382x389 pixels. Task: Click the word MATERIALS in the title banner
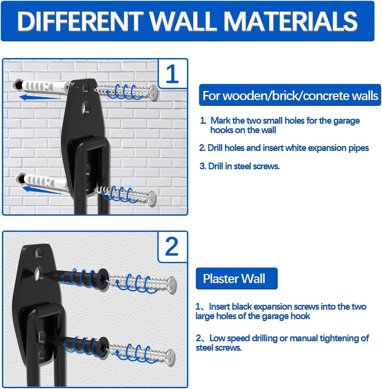coord(290,21)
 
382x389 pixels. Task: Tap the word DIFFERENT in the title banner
coord(81,21)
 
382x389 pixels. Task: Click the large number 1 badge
coord(172,74)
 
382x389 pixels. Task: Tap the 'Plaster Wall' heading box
coord(237,279)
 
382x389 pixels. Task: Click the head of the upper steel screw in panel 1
coord(154,92)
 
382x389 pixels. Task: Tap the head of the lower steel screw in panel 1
coord(152,198)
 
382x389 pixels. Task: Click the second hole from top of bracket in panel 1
coord(86,108)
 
